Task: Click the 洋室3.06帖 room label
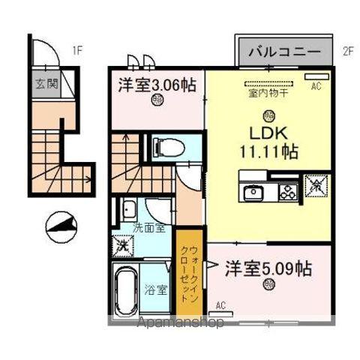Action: tap(157, 85)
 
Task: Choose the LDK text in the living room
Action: tap(268, 134)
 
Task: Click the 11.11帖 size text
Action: tap(268, 151)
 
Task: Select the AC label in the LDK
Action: tap(316, 86)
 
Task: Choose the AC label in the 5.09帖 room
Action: tap(220, 304)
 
